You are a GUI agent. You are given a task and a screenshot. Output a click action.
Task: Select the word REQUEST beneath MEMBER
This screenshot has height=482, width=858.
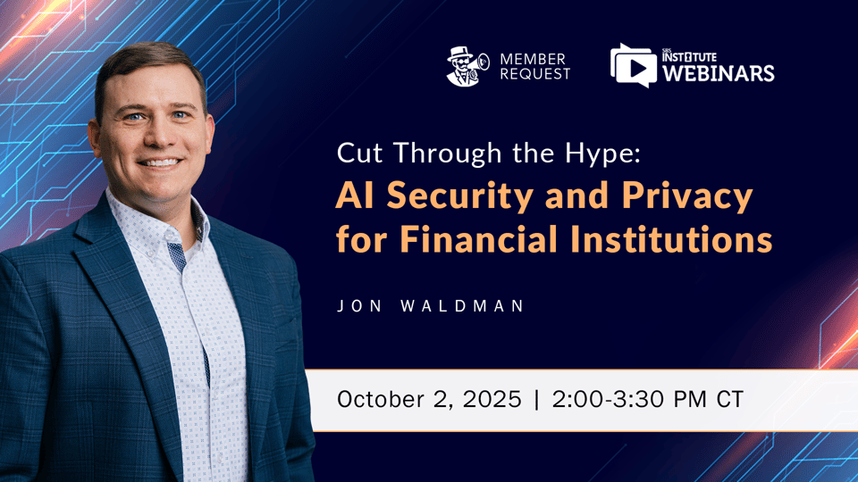click(534, 74)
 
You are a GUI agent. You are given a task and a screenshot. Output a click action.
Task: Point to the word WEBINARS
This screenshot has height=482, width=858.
click(718, 73)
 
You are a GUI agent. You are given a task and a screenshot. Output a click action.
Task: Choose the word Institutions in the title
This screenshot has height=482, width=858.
click(687, 239)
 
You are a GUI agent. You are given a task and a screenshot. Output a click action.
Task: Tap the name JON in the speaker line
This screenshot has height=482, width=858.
click(354, 306)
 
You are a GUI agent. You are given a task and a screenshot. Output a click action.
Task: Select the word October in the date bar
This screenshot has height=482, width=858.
click(379, 399)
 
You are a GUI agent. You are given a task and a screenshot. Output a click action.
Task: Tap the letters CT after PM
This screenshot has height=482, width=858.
click(729, 399)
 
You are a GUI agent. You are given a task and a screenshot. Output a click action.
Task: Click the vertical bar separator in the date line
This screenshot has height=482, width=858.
click(536, 399)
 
